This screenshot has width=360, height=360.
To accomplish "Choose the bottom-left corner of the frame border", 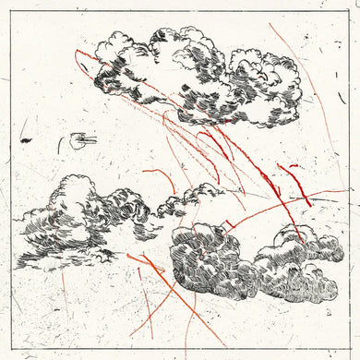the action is pos(14,346).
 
